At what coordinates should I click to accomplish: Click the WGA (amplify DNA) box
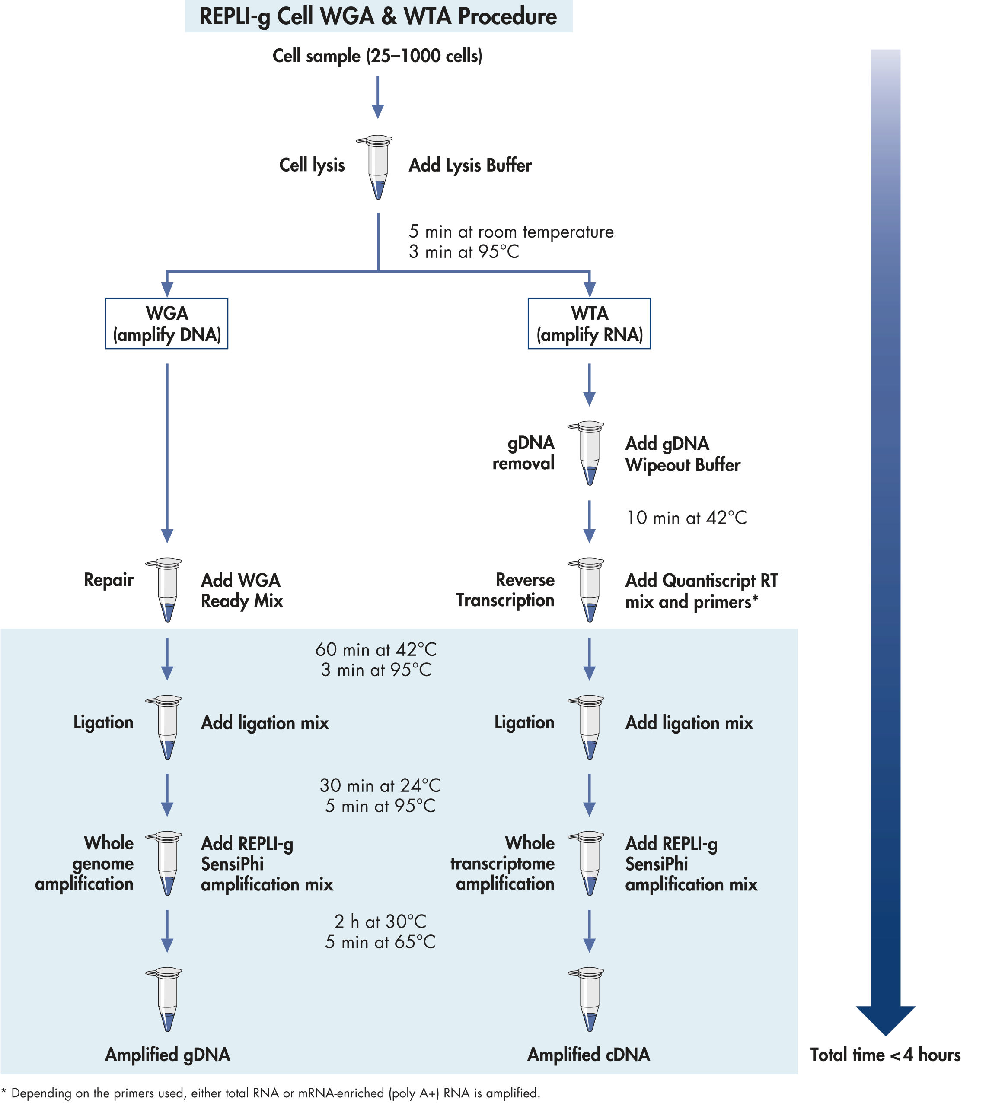(166, 324)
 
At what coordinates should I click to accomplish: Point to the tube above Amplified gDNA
(167, 1000)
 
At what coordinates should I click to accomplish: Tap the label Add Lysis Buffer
(470, 165)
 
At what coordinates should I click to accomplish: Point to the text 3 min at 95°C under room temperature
(464, 252)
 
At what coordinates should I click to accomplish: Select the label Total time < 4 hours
(885, 1055)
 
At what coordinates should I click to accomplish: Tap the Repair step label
(108, 580)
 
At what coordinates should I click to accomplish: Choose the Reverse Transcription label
(505, 590)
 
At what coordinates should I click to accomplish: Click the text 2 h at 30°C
(380, 922)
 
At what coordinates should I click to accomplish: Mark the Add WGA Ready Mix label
(242, 590)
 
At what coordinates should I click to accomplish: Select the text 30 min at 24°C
(380, 785)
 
